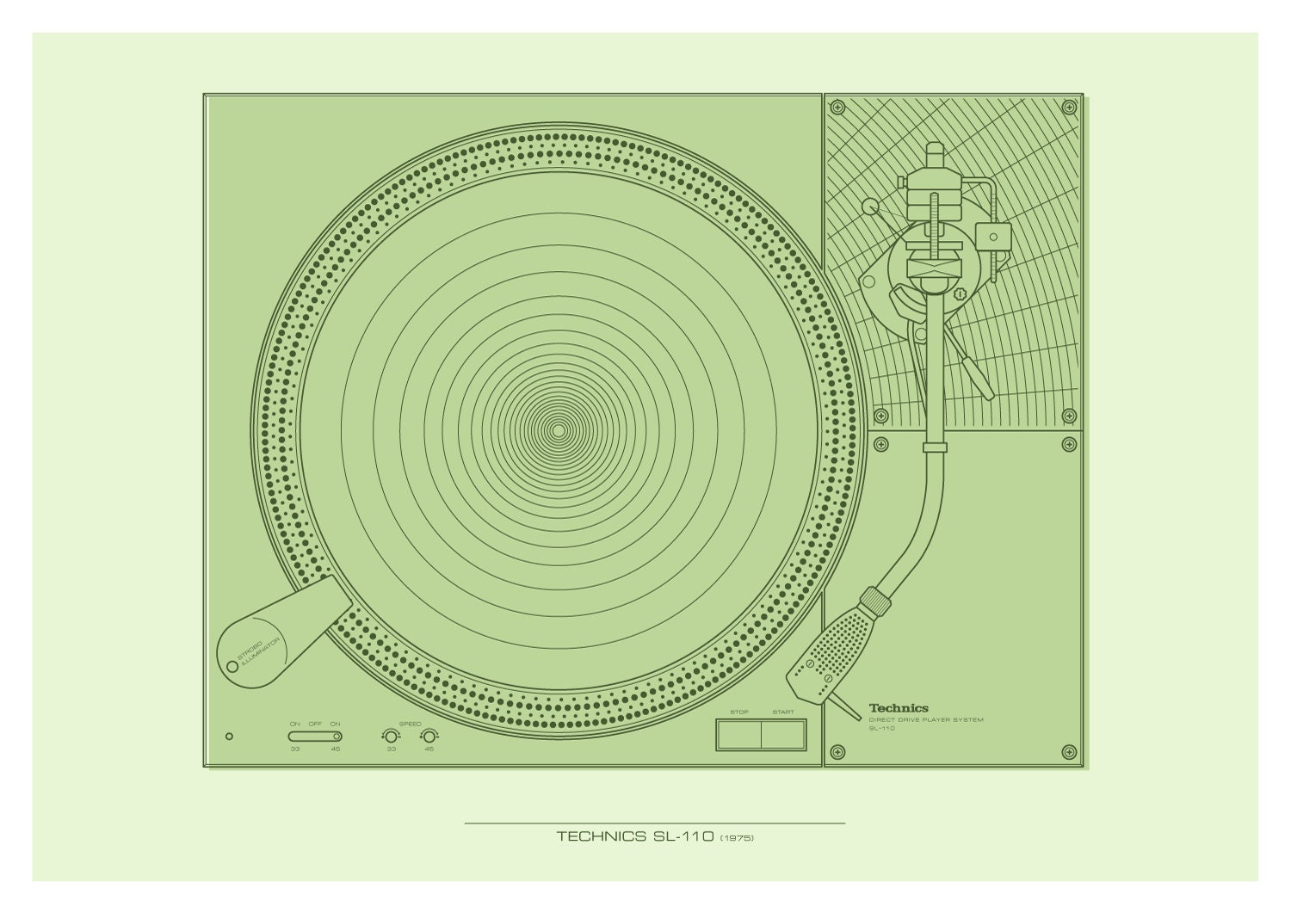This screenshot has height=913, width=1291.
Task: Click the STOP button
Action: coord(738,736)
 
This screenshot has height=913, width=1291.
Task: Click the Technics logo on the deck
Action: coord(898,708)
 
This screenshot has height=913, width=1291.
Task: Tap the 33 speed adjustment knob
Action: coord(390,736)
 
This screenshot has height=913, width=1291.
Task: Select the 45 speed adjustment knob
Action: coord(429,736)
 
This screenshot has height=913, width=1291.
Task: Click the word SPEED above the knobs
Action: coord(410,725)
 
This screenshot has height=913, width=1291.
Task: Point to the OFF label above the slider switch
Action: coord(315,725)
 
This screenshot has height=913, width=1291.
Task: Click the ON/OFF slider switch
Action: coord(315,736)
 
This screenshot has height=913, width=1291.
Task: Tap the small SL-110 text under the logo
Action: coord(881,728)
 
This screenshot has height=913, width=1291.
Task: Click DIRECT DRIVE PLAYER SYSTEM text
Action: coord(925,719)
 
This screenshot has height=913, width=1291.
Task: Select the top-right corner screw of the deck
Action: coord(1068,108)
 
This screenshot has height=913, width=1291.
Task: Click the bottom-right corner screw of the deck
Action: coord(1068,751)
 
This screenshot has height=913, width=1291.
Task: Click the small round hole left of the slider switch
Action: coord(228,736)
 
